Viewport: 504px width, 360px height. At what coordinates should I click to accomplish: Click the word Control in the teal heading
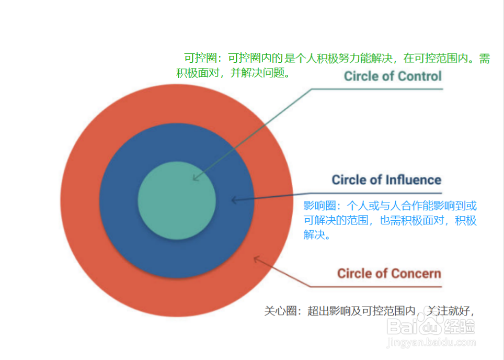pos(419,76)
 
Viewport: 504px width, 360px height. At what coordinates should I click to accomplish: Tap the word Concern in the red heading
pos(415,273)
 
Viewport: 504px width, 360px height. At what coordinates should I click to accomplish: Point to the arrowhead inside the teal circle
pos(195,178)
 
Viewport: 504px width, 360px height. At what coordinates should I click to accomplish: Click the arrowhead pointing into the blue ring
pos(234,200)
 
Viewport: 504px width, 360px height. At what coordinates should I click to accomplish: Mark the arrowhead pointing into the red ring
pos(256,258)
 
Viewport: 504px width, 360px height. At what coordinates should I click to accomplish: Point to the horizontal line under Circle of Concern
pos(376,287)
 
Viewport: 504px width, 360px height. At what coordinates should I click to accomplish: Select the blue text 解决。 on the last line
pos(317,235)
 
